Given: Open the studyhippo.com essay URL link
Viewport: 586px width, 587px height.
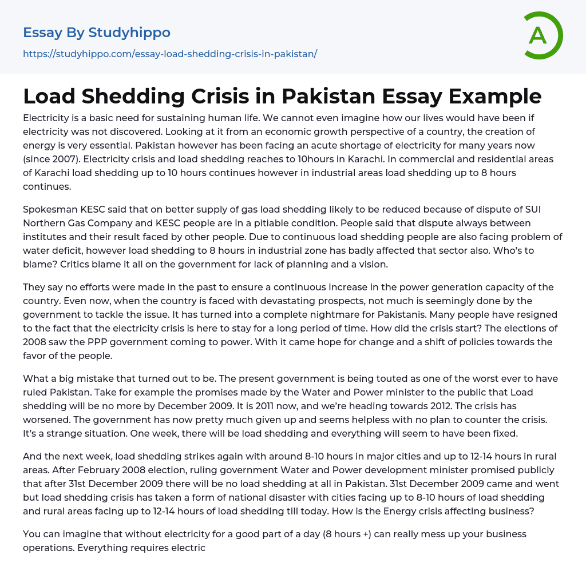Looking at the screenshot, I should tap(170, 54).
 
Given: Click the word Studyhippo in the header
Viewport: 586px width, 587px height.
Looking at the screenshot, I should tap(129, 33).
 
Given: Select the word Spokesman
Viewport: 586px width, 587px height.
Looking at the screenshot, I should tap(51, 209).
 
